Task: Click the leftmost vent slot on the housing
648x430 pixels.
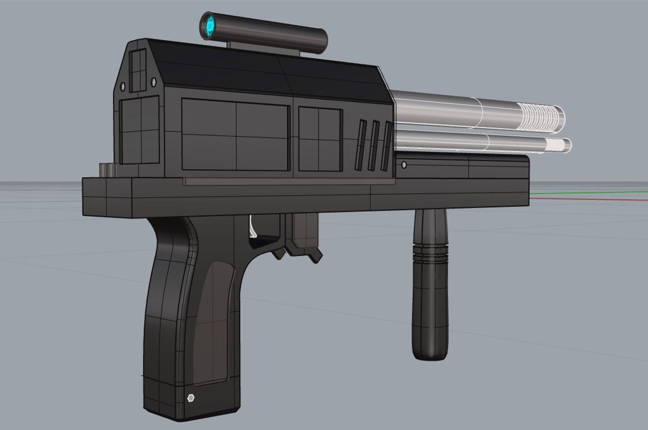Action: [x=361, y=146]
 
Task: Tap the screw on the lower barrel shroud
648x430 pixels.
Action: [x=404, y=164]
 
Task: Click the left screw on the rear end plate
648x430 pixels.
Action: [x=122, y=86]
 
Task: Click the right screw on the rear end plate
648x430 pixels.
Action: [x=153, y=81]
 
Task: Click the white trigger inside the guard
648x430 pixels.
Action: [x=252, y=227]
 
